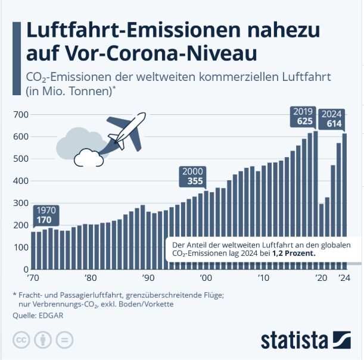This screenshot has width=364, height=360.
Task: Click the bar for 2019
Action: tap(315, 199)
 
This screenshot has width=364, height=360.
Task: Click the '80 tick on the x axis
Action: tap(90, 277)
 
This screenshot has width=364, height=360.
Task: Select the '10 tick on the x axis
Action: tap(263, 277)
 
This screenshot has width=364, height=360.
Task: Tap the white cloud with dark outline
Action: tap(88, 157)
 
